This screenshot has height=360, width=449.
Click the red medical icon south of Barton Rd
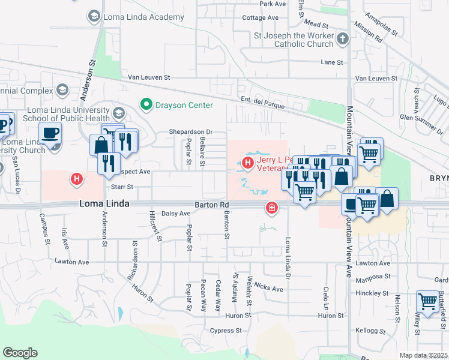(271, 208)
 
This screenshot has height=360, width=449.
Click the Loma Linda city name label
(104, 205)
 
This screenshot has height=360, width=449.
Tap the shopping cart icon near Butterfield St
(427, 301)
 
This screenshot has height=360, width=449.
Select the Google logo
(20, 353)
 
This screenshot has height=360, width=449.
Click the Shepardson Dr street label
(191, 131)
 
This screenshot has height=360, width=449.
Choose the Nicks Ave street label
(268, 289)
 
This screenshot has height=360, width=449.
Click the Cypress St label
(225, 331)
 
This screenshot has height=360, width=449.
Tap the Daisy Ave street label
(176, 214)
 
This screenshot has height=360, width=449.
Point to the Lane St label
(332, 62)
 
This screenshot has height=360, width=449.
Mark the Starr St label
(121, 187)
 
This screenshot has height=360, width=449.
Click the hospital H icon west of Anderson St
(76, 178)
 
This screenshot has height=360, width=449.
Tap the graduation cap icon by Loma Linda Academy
(94, 15)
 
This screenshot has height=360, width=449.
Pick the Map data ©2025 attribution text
(423, 355)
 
